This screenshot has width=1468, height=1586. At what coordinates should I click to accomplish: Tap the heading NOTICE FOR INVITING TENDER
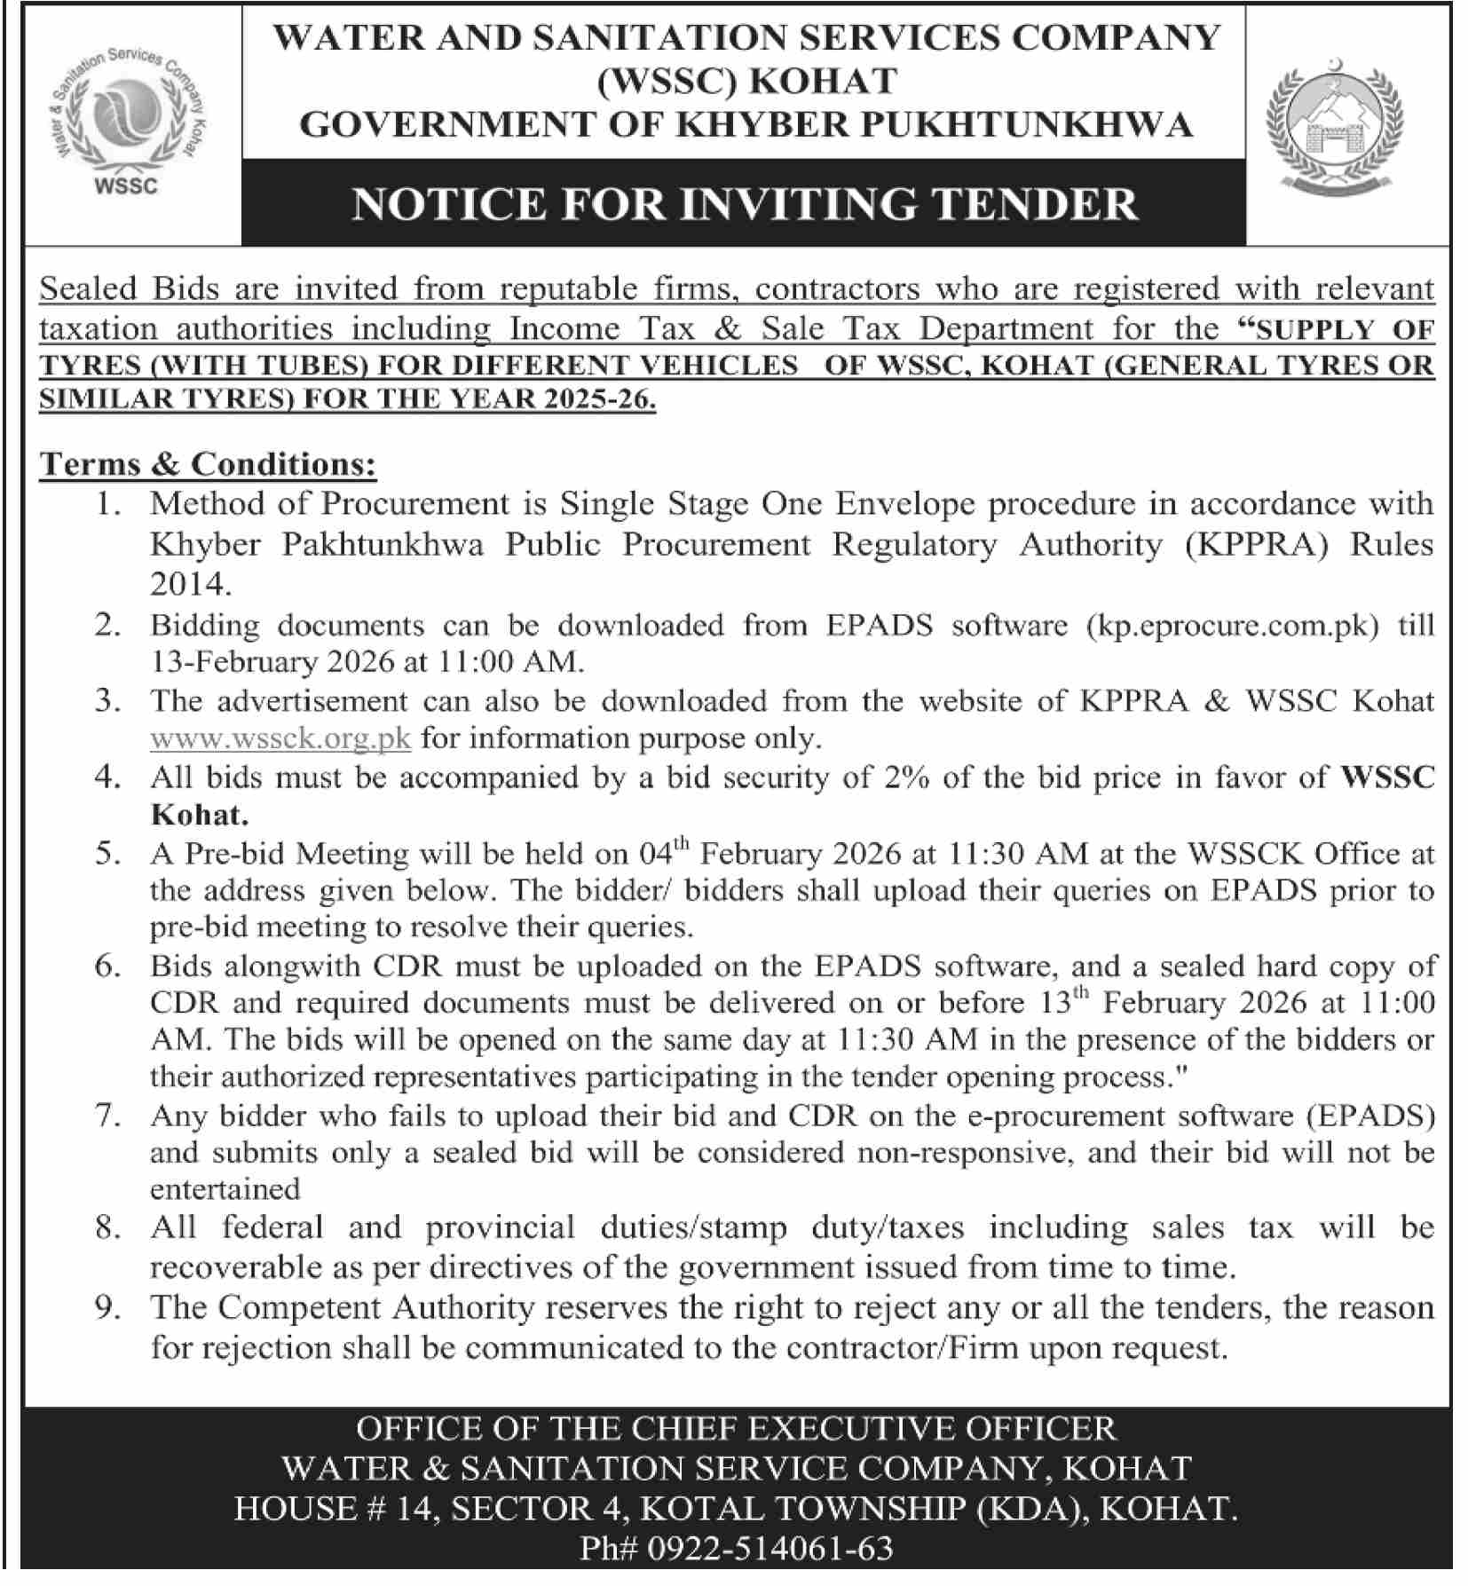point(744,203)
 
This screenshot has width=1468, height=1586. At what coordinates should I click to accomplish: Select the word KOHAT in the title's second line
point(823,81)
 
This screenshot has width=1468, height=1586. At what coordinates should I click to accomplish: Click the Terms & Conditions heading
point(208,463)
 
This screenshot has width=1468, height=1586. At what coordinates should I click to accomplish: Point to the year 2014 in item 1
point(190,583)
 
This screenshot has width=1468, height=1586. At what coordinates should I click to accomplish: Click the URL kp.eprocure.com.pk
point(1233,625)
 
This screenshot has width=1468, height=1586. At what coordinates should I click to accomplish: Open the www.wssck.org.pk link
point(280,738)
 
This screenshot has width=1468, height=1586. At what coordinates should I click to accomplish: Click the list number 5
point(107,854)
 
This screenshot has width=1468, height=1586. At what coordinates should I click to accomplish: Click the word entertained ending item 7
point(225,1188)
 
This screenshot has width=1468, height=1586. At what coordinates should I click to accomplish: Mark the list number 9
point(107,1307)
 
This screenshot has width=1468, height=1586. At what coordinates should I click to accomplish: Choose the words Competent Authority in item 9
point(376,1307)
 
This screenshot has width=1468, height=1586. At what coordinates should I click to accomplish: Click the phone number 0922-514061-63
point(770,1548)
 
